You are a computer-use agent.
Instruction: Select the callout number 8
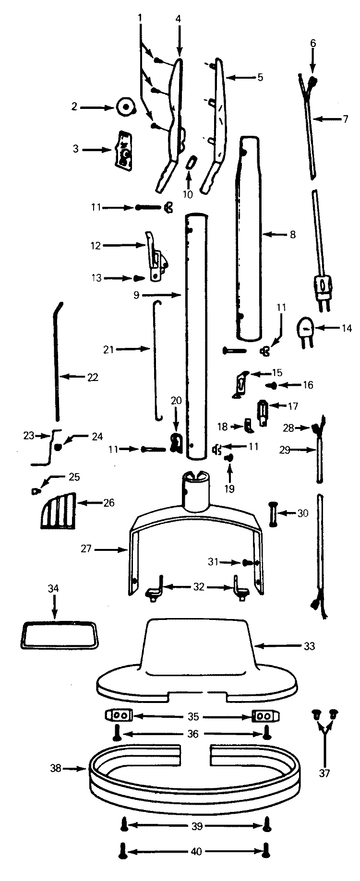pos(293,235)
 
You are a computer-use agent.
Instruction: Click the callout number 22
pos(93,377)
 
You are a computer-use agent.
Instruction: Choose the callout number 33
pos(310,646)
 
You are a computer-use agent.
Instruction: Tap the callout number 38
pos(56,768)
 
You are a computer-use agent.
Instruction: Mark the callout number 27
pos(86,549)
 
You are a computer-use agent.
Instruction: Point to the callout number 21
pos(108,349)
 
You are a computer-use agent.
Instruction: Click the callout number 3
pos(75,149)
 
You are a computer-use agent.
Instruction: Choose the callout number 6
pos(313,43)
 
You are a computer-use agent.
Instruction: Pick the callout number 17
pos(292,406)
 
